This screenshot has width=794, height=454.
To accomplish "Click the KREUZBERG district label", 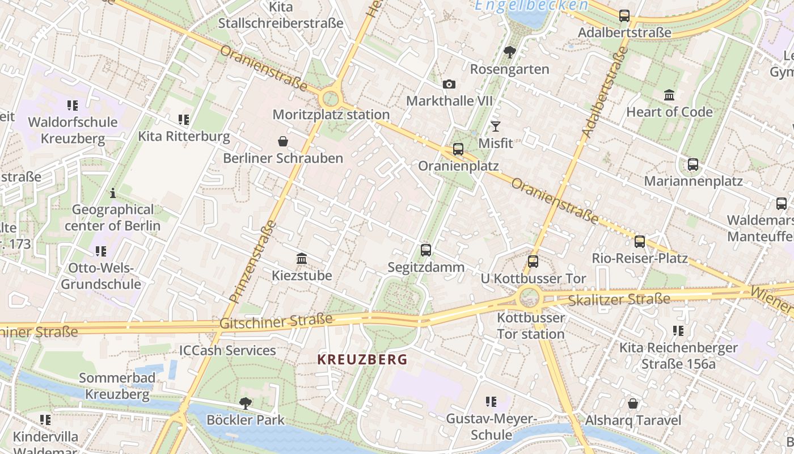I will point(362,359).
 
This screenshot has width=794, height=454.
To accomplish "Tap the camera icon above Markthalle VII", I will point(449,85).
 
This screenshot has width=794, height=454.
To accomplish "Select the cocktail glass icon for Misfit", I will point(496,126).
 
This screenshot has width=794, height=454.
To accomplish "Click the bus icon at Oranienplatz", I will point(458,149).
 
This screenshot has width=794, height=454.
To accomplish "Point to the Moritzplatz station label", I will point(331,115).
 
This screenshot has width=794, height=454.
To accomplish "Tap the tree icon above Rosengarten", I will point(510,52).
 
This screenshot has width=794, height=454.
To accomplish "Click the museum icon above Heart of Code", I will point(669,95).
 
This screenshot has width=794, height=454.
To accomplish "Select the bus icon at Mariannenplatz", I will point(693,165).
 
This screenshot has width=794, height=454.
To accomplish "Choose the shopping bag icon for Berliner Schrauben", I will point(283,141).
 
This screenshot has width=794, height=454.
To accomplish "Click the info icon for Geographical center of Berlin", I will point(113,193).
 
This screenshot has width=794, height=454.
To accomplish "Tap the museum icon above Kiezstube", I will point(302,259).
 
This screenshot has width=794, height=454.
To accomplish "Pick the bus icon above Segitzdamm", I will point(426,250).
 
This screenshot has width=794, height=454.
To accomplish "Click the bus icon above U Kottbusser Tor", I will point(533,261).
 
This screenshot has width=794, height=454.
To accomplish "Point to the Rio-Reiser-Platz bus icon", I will point(640,241).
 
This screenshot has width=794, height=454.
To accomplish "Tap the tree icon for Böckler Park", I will point(246,403).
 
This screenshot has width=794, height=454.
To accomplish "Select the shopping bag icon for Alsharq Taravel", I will point(633,403).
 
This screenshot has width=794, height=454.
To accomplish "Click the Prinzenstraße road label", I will point(253,261).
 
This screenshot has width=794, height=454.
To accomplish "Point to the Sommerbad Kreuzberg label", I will point(117,386).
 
